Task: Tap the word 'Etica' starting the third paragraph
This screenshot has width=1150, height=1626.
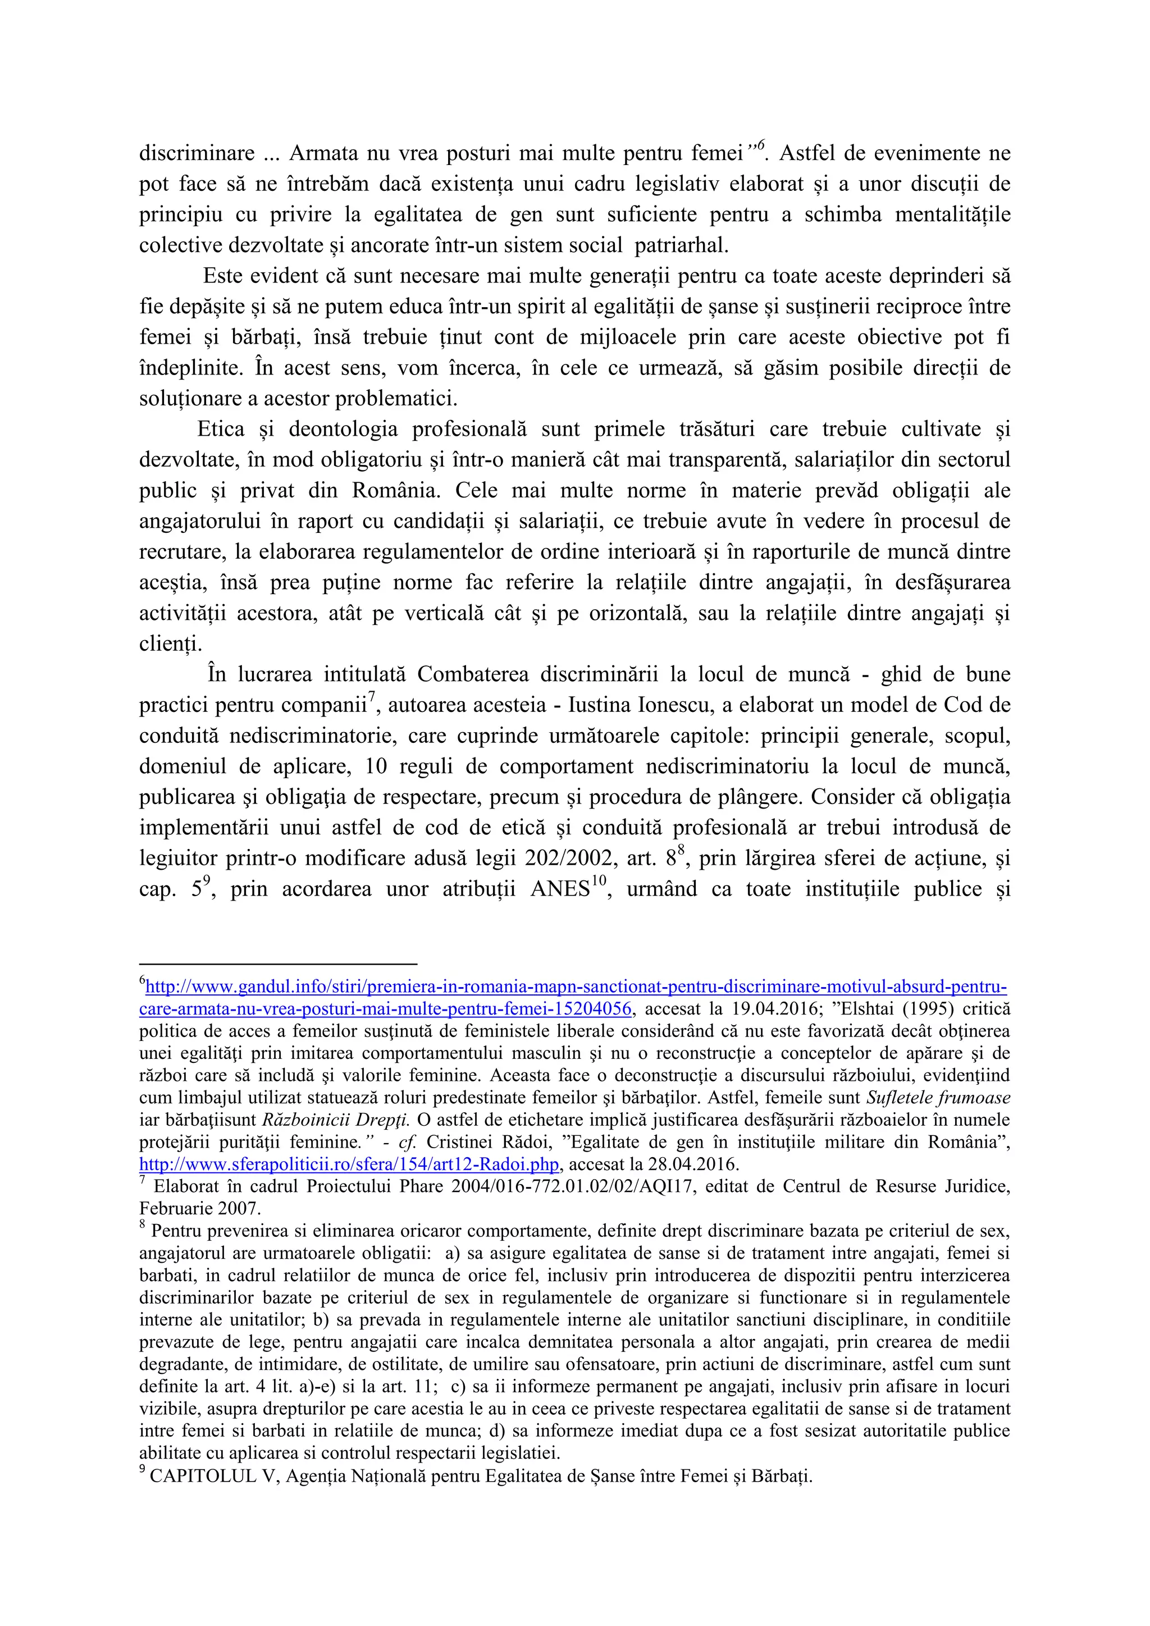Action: (x=220, y=429)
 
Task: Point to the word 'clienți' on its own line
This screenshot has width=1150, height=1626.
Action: (x=170, y=644)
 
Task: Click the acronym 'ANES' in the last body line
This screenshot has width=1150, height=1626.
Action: (x=559, y=889)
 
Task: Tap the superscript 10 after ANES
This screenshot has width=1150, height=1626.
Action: (x=599, y=881)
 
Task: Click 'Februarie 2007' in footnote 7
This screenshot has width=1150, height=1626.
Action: (x=200, y=1209)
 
